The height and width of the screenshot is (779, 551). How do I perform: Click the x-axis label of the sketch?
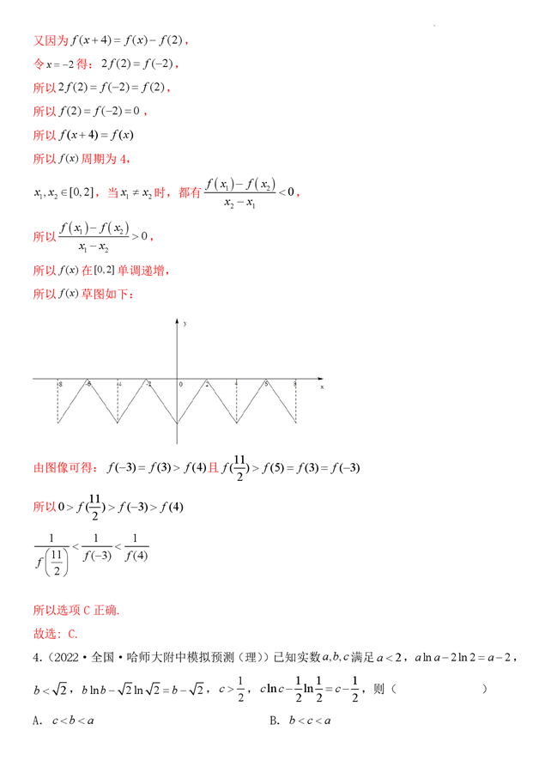pos(322,387)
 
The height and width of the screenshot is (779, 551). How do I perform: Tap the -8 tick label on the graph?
pos(58,383)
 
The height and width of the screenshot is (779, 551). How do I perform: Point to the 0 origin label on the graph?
pos(181,384)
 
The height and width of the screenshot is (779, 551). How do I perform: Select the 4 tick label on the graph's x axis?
pos(237,383)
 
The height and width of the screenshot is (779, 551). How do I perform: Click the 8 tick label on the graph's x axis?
pos(295,383)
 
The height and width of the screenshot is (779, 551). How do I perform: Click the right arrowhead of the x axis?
pos(320,378)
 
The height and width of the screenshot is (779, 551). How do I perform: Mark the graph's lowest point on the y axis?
pos(178,423)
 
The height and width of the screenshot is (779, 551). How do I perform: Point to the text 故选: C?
pos(55,634)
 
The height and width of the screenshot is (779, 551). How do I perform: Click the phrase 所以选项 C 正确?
pos(76,611)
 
